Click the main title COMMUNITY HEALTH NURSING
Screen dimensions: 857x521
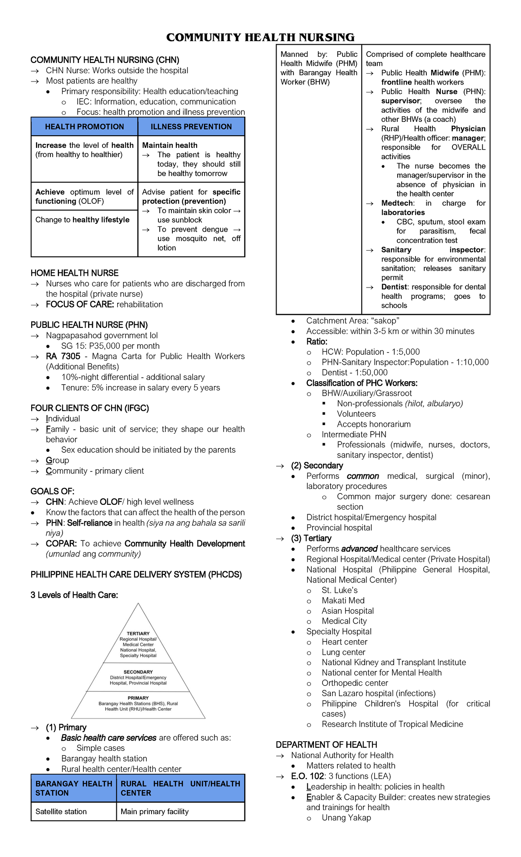[260, 37]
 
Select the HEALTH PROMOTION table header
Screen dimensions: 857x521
[84, 127]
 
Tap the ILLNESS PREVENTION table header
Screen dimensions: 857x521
[191, 127]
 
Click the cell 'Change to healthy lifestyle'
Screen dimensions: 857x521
[82, 220]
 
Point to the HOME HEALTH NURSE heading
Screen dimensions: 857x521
[74, 273]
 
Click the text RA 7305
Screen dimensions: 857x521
[63, 356]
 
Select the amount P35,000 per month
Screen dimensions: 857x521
[124, 346]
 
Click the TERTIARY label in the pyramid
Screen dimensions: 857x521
[138, 634]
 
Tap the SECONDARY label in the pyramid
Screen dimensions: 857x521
[138, 672]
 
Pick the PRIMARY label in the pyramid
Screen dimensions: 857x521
[138, 698]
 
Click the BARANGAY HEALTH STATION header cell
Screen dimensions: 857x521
[73, 788]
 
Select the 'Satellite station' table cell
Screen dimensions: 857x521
[61, 811]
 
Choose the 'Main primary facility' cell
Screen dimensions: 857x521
[155, 811]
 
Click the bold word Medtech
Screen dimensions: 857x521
[397, 203]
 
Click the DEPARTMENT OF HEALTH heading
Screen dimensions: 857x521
[326, 745]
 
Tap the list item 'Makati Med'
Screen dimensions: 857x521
[343, 600]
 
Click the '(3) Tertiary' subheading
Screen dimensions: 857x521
[311, 538]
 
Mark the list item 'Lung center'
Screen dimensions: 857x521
[343, 652]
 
